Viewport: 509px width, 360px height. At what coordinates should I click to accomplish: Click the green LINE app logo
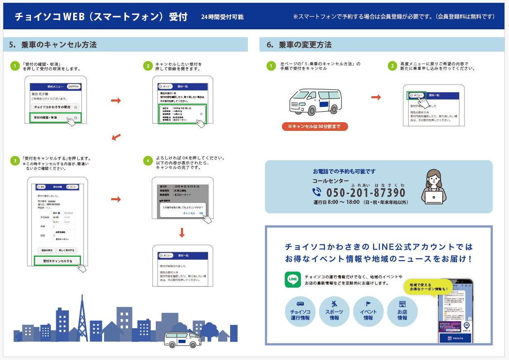(293, 279)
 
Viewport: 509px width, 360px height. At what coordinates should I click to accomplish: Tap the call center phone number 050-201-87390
(366, 193)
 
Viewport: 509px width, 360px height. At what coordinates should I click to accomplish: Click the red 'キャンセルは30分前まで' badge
(315, 126)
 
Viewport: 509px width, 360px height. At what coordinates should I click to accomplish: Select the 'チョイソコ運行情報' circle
(300, 312)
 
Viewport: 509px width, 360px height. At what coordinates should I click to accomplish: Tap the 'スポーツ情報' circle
(334, 312)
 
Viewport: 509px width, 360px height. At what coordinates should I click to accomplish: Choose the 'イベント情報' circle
(368, 312)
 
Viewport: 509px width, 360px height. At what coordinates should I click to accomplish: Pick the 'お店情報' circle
(402, 312)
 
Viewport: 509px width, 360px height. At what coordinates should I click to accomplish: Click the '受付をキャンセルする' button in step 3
(57, 261)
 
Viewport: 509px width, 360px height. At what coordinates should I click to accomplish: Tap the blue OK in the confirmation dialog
(201, 213)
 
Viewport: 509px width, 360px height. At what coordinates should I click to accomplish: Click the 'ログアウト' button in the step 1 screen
(74, 86)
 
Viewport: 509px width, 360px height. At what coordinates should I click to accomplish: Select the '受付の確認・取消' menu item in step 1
(55, 118)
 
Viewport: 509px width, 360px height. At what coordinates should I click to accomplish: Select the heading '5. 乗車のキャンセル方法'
(52, 45)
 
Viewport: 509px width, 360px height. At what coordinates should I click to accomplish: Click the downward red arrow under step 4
(182, 232)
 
